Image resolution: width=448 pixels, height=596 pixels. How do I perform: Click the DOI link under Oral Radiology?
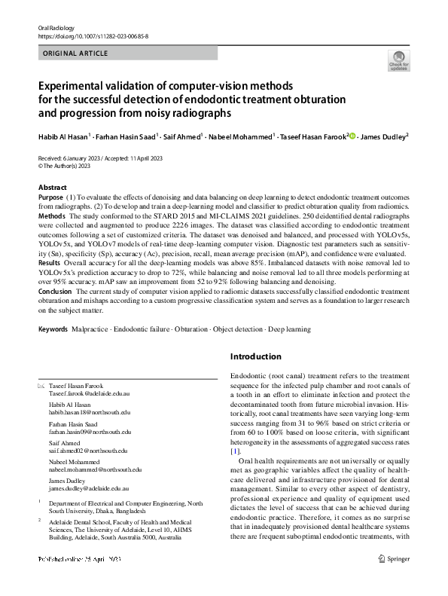coord(93,35)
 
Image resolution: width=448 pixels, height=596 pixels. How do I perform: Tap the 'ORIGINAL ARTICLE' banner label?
coord(76,53)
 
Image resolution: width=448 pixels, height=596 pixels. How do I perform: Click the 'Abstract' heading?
coord(53,187)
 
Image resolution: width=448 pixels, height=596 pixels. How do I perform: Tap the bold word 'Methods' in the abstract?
coord(52,215)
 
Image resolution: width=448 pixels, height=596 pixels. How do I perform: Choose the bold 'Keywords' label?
coord(53,329)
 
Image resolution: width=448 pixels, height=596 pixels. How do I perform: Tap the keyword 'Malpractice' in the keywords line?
coord(91,329)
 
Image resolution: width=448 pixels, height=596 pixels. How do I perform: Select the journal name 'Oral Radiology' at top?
coord(57,27)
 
